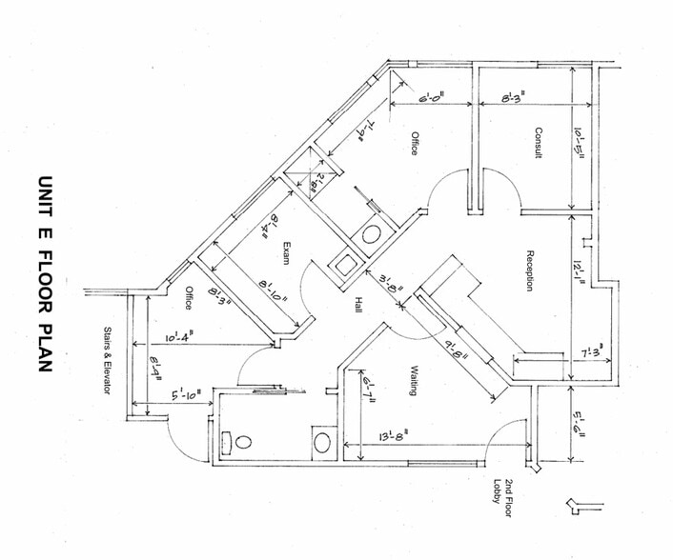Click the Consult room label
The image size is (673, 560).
click(x=538, y=143)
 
